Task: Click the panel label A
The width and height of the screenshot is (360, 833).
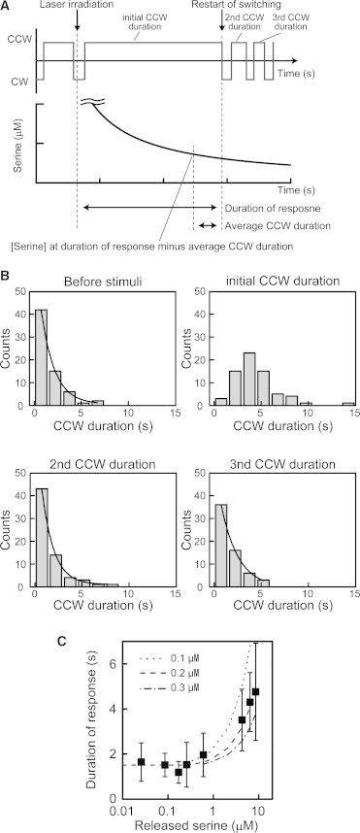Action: click(7, 7)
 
